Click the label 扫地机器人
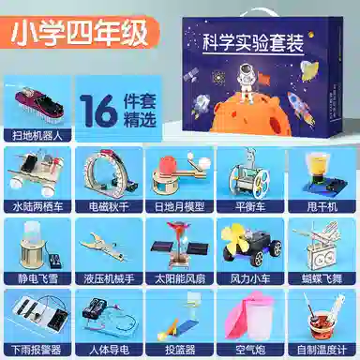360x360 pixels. point(37,136)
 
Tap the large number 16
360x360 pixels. point(98,111)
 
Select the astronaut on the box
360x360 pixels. point(247,80)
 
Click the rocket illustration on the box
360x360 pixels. point(301,109)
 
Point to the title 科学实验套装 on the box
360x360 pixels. point(253,42)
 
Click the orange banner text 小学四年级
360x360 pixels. point(80,33)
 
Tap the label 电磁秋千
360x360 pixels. point(108,207)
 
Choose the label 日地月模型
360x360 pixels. point(179,207)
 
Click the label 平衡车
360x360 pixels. point(250,207)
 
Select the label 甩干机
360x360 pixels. point(322,207)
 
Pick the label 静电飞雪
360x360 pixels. point(37,278)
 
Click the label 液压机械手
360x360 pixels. point(108,278)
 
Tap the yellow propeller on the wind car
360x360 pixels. point(233,240)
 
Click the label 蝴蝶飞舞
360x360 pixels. point(322,278)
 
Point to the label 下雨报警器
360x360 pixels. point(37,350)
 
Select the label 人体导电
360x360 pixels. point(108,350)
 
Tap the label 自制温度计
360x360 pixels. point(322,350)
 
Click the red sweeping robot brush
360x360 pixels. point(39,104)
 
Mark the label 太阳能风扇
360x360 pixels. point(179,278)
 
